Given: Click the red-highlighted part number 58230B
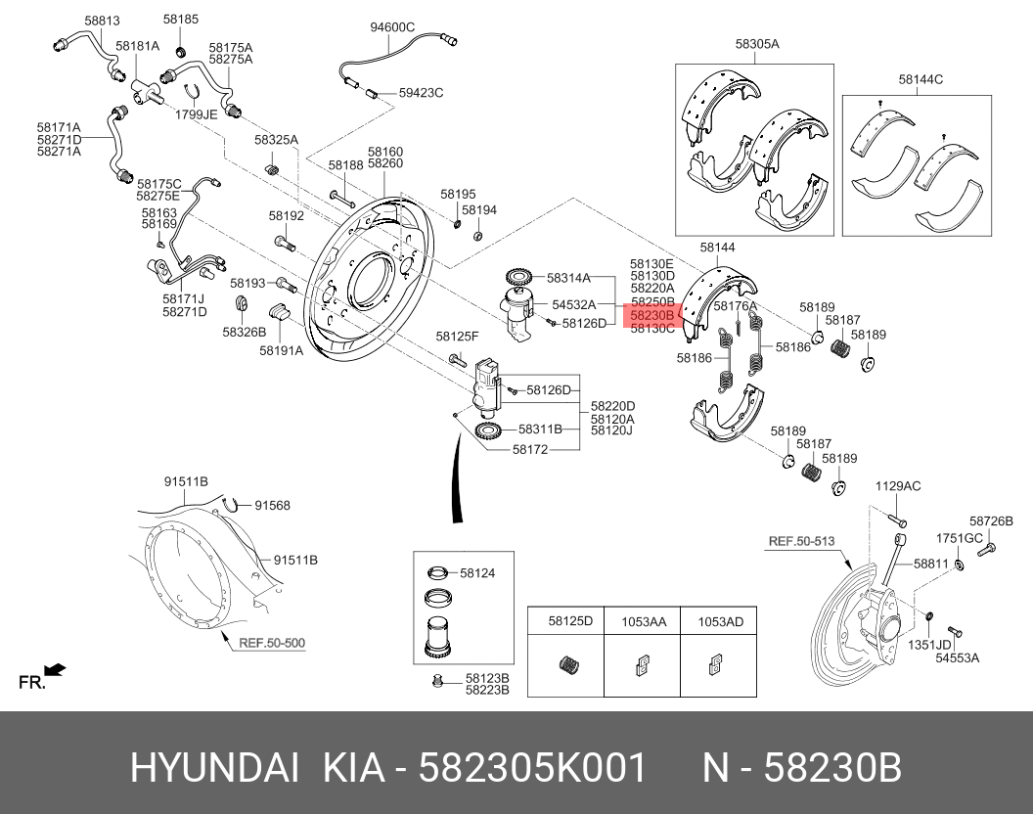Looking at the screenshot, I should pyautogui.click(x=652, y=316).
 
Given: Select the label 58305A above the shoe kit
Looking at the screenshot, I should pyautogui.click(x=757, y=44).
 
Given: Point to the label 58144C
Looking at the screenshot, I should pyautogui.click(x=921, y=79).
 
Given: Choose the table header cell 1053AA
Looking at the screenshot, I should pyautogui.click(x=644, y=621).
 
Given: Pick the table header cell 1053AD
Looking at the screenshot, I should pyautogui.click(x=719, y=621).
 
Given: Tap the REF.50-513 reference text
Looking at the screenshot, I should pyautogui.click(x=801, y=540).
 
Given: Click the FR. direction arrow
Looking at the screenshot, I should pyautogui.click(x=55, y=670).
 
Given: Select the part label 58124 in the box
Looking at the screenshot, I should pyautogui.click(x=477, y=573).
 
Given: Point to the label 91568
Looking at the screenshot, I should pyautogui.click(x=273, y=505).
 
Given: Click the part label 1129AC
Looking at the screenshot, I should pyautogui.click(x=897, y=486).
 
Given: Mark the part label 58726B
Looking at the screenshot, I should pyautogui.click(x=991, y=521).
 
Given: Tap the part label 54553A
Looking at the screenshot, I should pyautogui.click(x=957, y=658).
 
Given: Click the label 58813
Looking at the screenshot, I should pyautogui.click(x=101, y=20).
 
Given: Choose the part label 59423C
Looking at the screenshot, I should pyautogui.click(x=421, y=93).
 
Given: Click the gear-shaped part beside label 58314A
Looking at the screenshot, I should pyautogui.click(x=518, y=278).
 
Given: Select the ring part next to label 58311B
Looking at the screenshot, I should pyautogui.click(x=488, y=430).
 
